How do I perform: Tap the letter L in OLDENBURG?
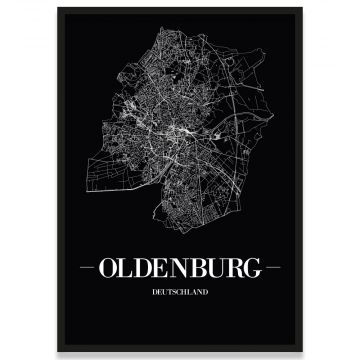(x=131, y=268)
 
